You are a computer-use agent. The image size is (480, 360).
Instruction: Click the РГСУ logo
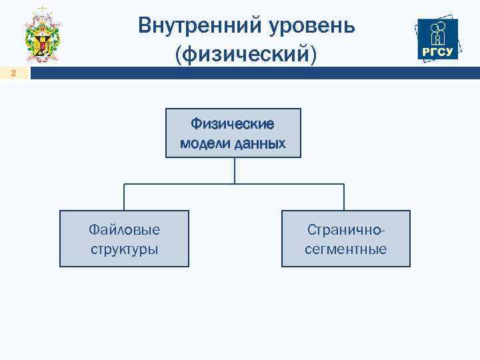point(437,38)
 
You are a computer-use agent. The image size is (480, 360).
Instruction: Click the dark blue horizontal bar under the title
point(253,74)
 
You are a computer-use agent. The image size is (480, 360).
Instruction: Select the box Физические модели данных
point(233,133)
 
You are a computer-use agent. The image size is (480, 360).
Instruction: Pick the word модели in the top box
point(205,143)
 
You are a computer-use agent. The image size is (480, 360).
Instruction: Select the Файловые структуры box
point(125,239)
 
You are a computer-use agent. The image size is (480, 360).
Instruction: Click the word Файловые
point(125,230)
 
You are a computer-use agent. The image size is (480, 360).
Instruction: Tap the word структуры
point(125,249)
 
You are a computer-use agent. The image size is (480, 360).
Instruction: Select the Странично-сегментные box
point(345,239)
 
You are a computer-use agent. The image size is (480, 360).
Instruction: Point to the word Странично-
point(345,230)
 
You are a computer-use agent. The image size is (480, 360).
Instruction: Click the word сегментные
point(345,249)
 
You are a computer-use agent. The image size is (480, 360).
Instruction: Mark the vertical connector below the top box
point(234,171)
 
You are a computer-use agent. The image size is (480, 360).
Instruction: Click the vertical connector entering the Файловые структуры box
point(124,197)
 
